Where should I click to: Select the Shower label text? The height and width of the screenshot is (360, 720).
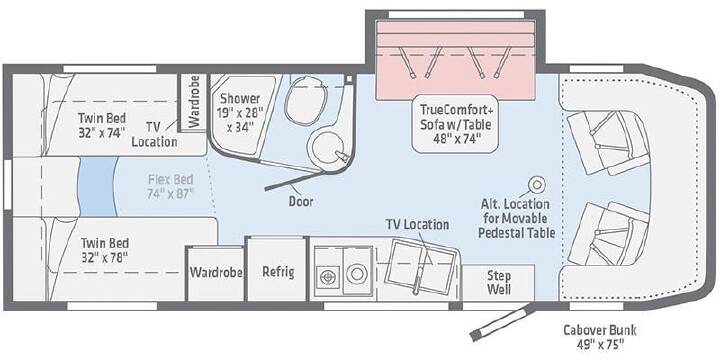pos(240,98)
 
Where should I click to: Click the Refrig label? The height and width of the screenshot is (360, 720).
pos(278,271)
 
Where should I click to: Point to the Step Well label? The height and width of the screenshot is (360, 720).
pos(499,282)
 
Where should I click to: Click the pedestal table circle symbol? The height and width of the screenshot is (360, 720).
pos(536,185)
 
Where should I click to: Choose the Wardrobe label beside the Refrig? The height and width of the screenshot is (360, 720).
pos(216,272)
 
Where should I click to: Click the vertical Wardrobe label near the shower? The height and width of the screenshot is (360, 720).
pos(194,101)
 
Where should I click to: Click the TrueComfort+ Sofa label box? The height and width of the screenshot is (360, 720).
pos(456,124)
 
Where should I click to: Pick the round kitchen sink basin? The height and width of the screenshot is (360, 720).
pos(356,274)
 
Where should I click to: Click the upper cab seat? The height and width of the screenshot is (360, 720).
pos(608,142)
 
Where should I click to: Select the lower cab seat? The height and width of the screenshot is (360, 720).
pos(608,234)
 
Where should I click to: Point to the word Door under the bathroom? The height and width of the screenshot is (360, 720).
pos(301,201)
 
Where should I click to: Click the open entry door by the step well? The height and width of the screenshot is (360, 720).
pos(501,322)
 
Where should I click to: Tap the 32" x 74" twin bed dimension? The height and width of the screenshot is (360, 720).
pos(101,133)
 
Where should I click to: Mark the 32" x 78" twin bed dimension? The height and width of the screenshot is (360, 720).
pos(104,257)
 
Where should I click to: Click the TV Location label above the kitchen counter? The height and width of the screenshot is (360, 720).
pos(417,225)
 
